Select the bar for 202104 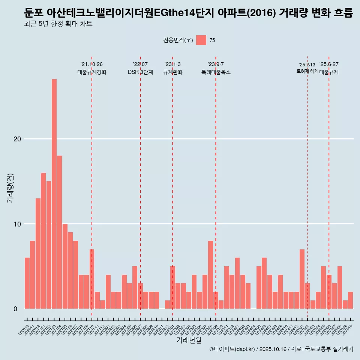[x=59, y=232]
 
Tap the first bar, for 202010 [x=27, y=283]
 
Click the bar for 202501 [x=302, y=279]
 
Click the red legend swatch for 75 [x=201, y=40]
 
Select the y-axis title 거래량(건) [x=10, y=187]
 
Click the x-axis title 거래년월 [x=189, y=340]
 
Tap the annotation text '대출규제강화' [x=92, y=72]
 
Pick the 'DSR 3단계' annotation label [x=140, y=72]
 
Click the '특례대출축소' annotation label [x=216, y=72]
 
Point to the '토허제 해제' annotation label [x=307, y=71]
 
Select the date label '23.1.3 [x=172, y=64]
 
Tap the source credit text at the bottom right [x=281, y=349]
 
